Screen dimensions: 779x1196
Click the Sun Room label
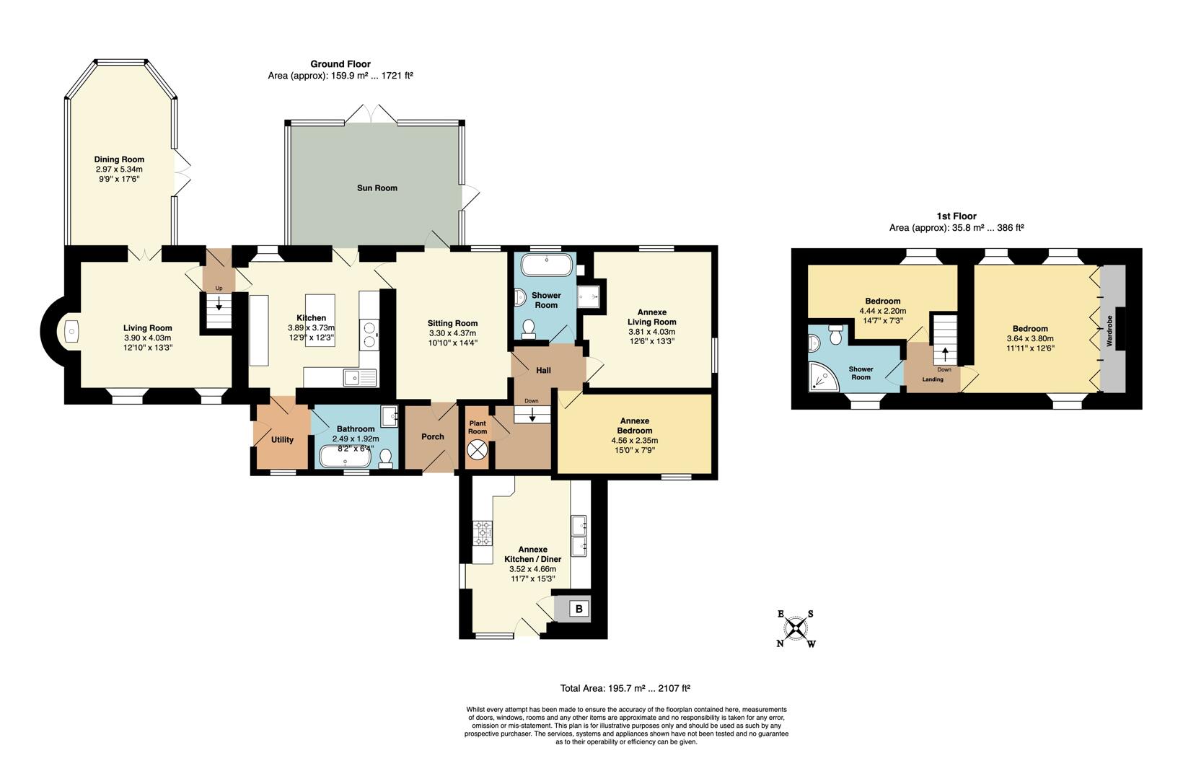point(377,188)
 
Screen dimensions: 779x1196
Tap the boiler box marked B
point(579,609)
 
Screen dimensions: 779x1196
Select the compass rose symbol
point(796,629)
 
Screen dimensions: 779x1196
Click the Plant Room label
point(478,427)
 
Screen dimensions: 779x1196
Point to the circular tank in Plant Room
point(477,450)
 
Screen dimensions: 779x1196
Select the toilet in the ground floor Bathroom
point(386,458)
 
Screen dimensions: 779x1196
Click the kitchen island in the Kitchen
point(320,320)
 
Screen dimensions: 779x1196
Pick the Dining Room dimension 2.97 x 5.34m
point(119,170)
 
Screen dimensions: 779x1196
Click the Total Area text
point(625,688)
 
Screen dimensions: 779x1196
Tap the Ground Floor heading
point(340,64)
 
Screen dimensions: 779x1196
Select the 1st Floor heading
point(957,216)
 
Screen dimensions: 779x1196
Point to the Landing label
point(932,379)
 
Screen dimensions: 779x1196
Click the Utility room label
point(282,440)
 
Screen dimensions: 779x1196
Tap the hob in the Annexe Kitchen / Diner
point(482,532)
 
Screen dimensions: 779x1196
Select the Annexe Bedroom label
point(635,426)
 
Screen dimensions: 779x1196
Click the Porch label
point(432,436)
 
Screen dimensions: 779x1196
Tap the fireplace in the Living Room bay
point(72,332)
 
